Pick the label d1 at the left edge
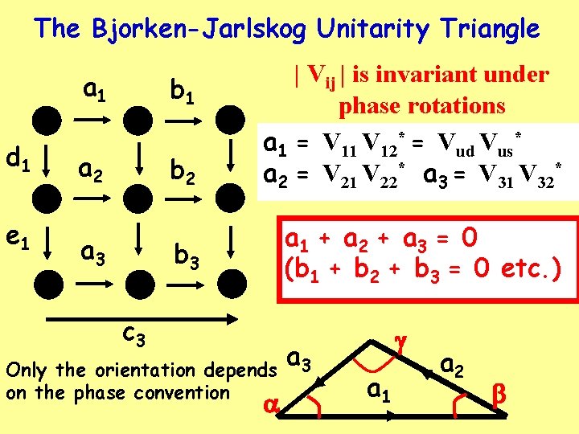click(17, 161)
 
